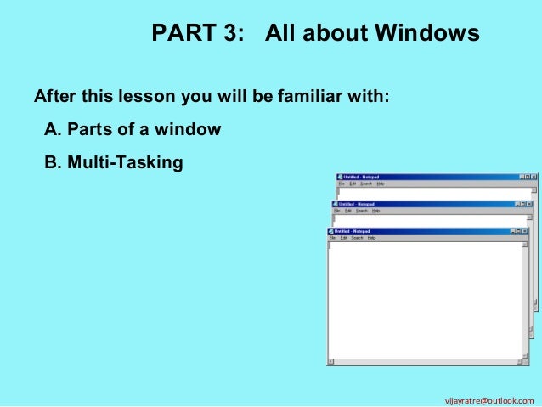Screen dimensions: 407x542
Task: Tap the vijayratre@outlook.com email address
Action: (x=495, y=399)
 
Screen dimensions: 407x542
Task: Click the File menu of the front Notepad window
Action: (x=333, y=239)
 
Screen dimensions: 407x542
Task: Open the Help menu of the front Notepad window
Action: (x=371, y=239)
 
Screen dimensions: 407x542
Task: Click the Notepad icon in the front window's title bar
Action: (x=331, y=231)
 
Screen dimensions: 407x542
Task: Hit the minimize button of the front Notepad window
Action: (x=512, y=231)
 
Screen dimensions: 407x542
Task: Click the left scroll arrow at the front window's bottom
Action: (x=331, y=361)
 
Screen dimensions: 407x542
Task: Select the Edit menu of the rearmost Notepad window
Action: (x=353, y=184)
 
